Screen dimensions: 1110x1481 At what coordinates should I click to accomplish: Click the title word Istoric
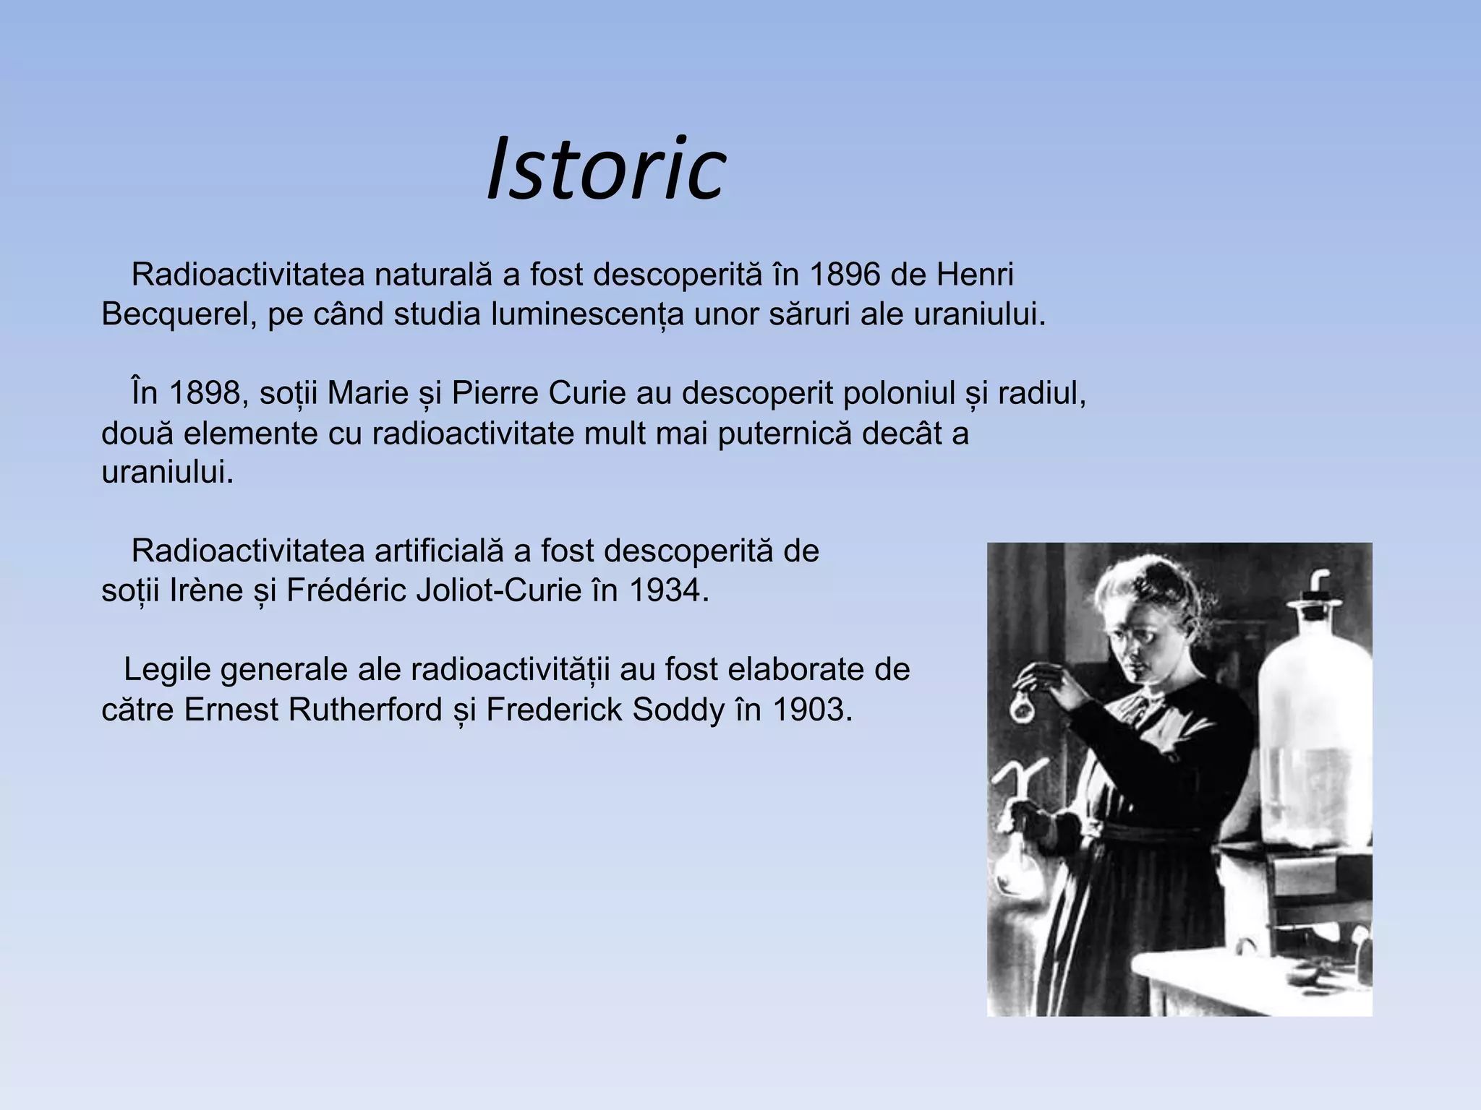coord(606,171)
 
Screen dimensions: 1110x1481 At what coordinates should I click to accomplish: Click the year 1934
coord(669,590)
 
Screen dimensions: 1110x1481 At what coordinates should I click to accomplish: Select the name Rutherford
coord(365,710)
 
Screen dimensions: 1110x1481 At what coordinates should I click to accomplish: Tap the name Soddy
coord(678,710)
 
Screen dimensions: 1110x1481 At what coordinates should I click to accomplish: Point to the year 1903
coord(812,710)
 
